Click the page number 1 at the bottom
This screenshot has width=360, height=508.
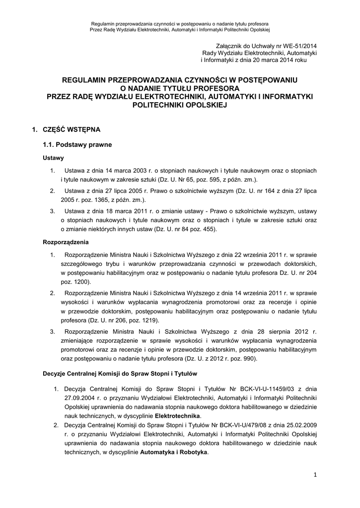(315, 475)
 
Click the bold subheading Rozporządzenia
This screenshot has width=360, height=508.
(66, 243)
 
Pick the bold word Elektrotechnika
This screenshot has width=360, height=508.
(177, 415)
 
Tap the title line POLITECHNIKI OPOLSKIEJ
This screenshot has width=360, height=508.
(180, 105)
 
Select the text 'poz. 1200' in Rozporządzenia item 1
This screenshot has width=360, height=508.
(75, 282)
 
